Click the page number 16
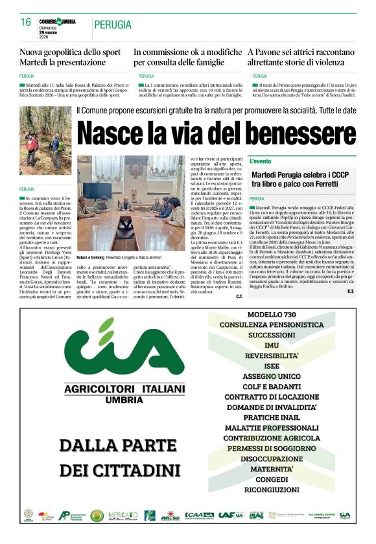(26, 22)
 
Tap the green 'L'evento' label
(261, 161)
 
